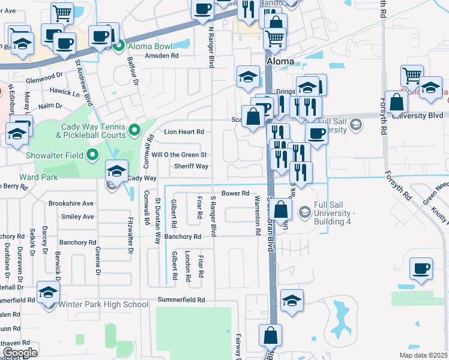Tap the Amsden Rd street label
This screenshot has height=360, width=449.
pos(162,55)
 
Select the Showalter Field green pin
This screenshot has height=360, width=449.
pos(92,156)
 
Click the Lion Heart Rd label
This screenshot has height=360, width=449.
pos(184,131)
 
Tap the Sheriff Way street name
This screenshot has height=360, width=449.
pos(191,166)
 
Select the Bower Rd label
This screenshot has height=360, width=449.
pos(235,193)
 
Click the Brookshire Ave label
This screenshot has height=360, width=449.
pos(71,203)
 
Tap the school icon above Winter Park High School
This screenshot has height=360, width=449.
pos(48,292)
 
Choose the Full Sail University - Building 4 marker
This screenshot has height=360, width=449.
pos(305,212)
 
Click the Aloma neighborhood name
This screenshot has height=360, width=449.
pos(280,61)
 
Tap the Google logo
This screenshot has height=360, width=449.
pos(20,352)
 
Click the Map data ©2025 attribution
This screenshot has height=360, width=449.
pos(423,355)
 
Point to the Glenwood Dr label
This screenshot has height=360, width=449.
pos(44,79)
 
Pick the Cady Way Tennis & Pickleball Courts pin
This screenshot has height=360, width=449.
pos(134,129)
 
